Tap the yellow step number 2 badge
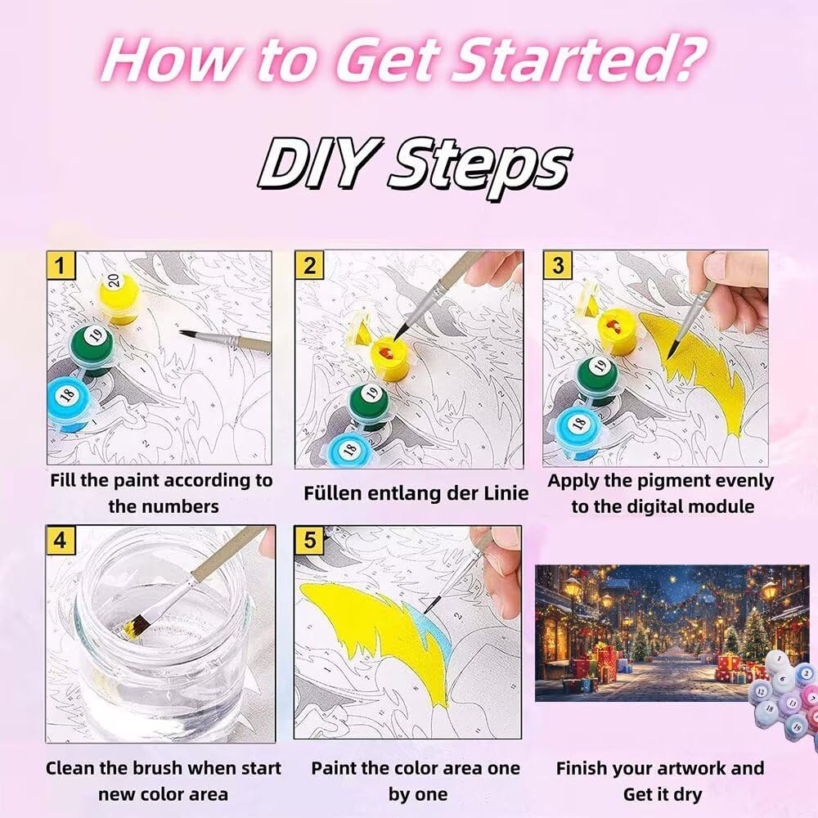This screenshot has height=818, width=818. coord(309,266)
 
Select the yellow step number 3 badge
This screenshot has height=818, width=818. coord(558,266)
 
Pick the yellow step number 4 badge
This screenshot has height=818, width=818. coord(61,540)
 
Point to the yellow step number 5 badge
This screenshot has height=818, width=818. coord(309,540)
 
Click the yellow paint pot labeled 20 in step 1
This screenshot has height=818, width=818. coord(119,298)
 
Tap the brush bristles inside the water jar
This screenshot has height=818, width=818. coord(134,626)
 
